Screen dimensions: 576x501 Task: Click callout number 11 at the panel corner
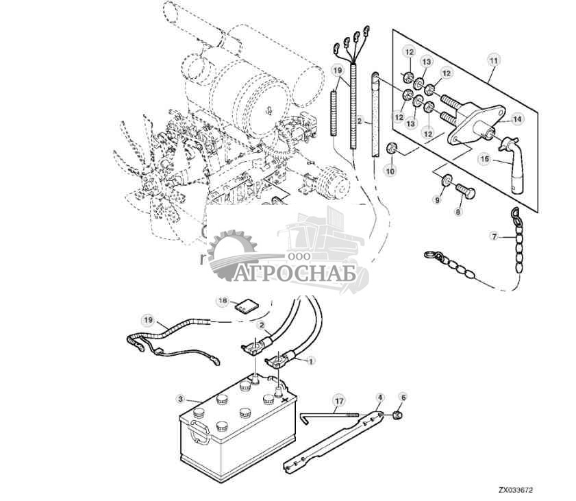[494, 60]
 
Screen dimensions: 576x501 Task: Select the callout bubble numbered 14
[517, 119]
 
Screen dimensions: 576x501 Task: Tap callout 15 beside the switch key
[485, 159]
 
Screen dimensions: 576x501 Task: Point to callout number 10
[390, 171]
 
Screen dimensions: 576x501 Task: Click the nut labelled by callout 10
[392, 149]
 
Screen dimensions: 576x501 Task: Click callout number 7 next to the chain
[494, 237]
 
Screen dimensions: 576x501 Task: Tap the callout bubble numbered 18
[223, 301]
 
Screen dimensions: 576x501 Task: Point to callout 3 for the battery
[180, 398]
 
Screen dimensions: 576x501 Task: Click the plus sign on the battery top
[284, 400]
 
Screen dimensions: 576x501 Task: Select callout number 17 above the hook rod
[339, 400]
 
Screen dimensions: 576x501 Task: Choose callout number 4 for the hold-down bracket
[380, 398]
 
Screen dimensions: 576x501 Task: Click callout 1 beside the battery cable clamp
[311, 361]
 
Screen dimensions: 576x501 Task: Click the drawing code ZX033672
[516, 490]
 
